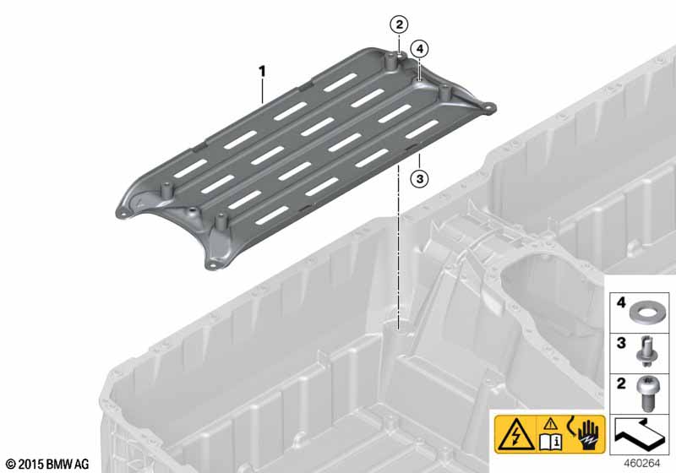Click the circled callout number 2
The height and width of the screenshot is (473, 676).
[399, 24]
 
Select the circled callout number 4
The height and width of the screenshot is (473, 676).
[419, 49]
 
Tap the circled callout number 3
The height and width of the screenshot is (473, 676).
[419, 178]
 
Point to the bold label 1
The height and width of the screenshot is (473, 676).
[262, 72]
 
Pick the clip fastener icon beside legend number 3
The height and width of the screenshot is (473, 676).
[644, 352]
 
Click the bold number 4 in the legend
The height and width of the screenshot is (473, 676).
[621, 302]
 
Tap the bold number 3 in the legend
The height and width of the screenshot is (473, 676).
[621, 343]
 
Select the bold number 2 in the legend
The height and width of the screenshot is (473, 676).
[621, 383]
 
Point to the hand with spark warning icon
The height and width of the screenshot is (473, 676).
[586, 433]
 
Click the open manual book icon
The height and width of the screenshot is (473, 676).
[551, 442]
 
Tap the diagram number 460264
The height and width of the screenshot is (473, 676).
[641, 464]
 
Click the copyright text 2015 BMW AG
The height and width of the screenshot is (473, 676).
[47, 464]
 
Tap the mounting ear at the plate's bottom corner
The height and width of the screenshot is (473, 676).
[211, 264]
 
